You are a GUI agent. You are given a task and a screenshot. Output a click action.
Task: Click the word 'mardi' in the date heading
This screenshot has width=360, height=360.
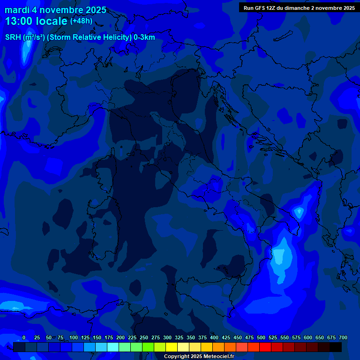(x=17, y=10)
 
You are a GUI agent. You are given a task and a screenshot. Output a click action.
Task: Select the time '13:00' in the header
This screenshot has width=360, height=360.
(x=19, y=21)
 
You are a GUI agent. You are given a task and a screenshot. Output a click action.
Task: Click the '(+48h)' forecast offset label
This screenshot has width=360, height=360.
(x=81, y=21)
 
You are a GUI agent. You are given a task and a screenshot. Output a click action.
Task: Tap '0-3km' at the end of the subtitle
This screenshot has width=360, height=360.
(x=144, y=37)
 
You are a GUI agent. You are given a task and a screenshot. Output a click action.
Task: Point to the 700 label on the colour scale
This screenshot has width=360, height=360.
(x=343, y=337)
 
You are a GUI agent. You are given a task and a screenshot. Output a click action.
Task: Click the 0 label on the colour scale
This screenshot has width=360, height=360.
(x=24, y=337)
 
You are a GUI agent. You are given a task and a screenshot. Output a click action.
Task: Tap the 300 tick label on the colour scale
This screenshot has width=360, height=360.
(x=167, y=337)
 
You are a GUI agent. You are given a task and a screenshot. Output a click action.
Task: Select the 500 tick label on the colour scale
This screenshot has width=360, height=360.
(x=261, y=337)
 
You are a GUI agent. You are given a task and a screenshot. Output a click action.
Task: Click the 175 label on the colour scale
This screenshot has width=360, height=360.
(x=109, y=337)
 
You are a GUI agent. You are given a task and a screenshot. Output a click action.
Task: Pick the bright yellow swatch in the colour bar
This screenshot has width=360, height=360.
(x=172, y=347)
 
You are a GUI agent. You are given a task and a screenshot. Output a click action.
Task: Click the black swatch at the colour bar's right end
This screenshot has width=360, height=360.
(x=336, y=347)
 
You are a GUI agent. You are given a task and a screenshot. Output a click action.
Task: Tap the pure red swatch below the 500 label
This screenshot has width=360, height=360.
(x=265, y=347)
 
